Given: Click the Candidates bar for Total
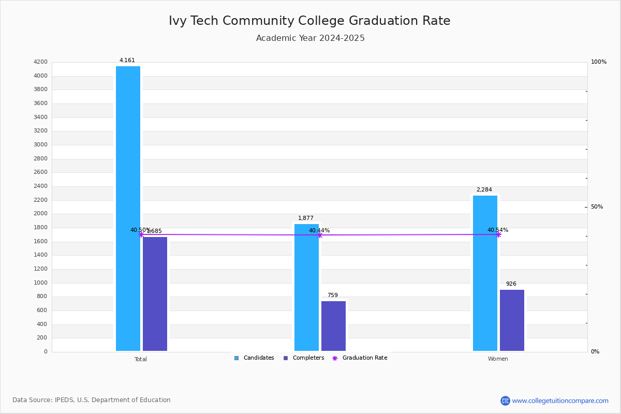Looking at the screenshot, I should coord(128,209).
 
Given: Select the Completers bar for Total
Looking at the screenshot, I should coord(155,294).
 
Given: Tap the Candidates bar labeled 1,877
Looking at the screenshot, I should coord(306,287).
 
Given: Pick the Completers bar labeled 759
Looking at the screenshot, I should coord(333,326).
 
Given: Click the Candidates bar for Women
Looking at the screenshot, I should coord(485,273).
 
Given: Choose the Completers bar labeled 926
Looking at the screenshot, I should coord(512,320).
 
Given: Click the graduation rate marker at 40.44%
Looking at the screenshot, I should coord(320,235).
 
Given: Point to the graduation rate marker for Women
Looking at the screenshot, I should coord(498,234).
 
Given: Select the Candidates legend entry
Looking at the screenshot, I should coord(254,358).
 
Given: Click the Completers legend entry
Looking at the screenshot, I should coord(304,358).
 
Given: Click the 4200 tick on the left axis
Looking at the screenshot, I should coord(40,62).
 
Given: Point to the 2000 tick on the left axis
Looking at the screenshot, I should coord(40,214).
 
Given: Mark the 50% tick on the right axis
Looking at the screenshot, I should coord(597,207).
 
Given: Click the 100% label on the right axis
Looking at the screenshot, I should coord(599,62).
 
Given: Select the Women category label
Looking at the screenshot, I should coord(498,359).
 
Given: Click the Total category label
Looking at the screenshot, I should coord(141,359).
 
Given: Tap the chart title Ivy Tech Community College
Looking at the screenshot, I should coord(309,21).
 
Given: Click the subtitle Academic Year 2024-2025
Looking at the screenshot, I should coord(310,38).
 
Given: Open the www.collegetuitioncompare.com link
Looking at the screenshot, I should coord(560,401).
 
